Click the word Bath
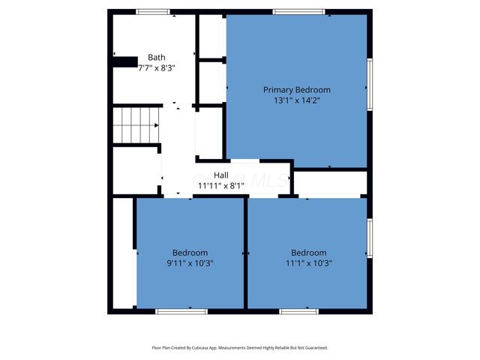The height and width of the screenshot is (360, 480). (157, 57)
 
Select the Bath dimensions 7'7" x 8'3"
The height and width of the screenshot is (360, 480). (157, 67)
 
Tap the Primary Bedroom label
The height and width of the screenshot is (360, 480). (296, 89)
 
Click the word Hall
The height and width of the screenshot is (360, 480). (221, 175)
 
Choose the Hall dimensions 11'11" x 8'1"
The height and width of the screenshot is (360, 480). (221, 185)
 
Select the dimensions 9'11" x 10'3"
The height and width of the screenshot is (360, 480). (190, 263)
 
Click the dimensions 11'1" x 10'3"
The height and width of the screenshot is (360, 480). (308, 263)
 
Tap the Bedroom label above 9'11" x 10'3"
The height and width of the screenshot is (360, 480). (190, 253)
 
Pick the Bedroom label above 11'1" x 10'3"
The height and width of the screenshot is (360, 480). (308, 253)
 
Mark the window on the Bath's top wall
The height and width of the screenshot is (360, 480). (153, 12)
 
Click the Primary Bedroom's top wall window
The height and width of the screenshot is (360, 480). (298, 12)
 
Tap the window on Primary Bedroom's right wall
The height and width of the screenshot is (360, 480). (369, 85)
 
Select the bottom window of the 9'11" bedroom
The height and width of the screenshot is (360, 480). (181, 310)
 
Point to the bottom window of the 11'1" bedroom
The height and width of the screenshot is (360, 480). (298, 310)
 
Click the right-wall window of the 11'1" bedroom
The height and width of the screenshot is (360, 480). (369, 238)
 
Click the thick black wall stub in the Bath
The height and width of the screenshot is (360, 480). (125, 61)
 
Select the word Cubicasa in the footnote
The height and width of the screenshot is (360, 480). (199, 348)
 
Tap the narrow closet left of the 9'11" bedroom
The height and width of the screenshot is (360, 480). (123, 252)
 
